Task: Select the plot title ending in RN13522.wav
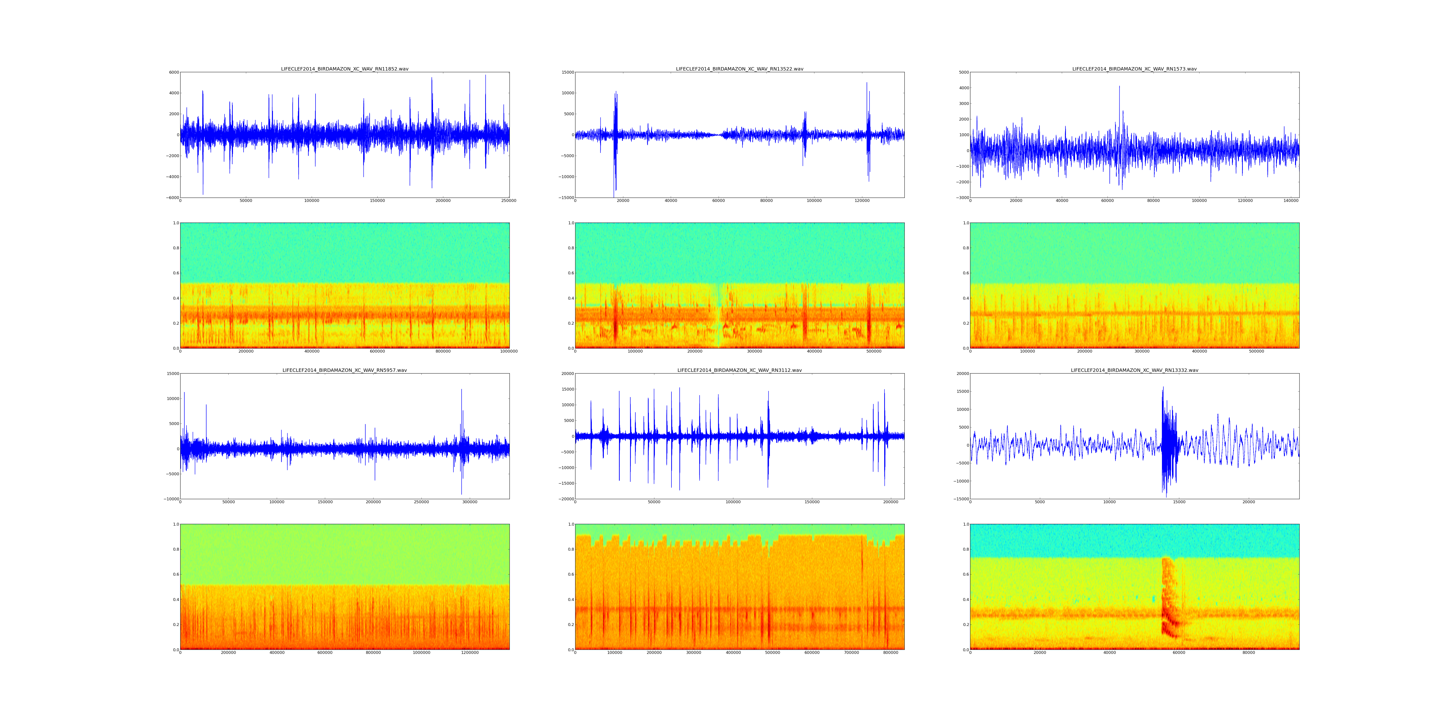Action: coord(739,69)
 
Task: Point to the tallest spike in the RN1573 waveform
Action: coord(1119,87)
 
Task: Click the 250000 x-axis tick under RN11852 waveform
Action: coord(509,201)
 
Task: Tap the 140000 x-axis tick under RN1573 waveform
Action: coord(1291,201)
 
